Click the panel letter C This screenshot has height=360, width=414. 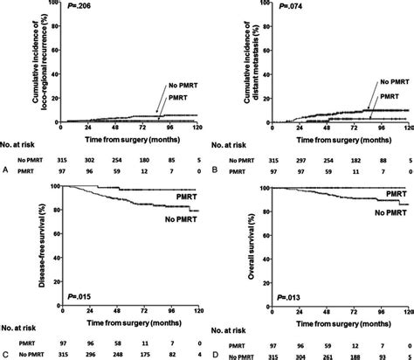coord(6,353)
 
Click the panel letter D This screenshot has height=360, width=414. coord(216,353)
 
